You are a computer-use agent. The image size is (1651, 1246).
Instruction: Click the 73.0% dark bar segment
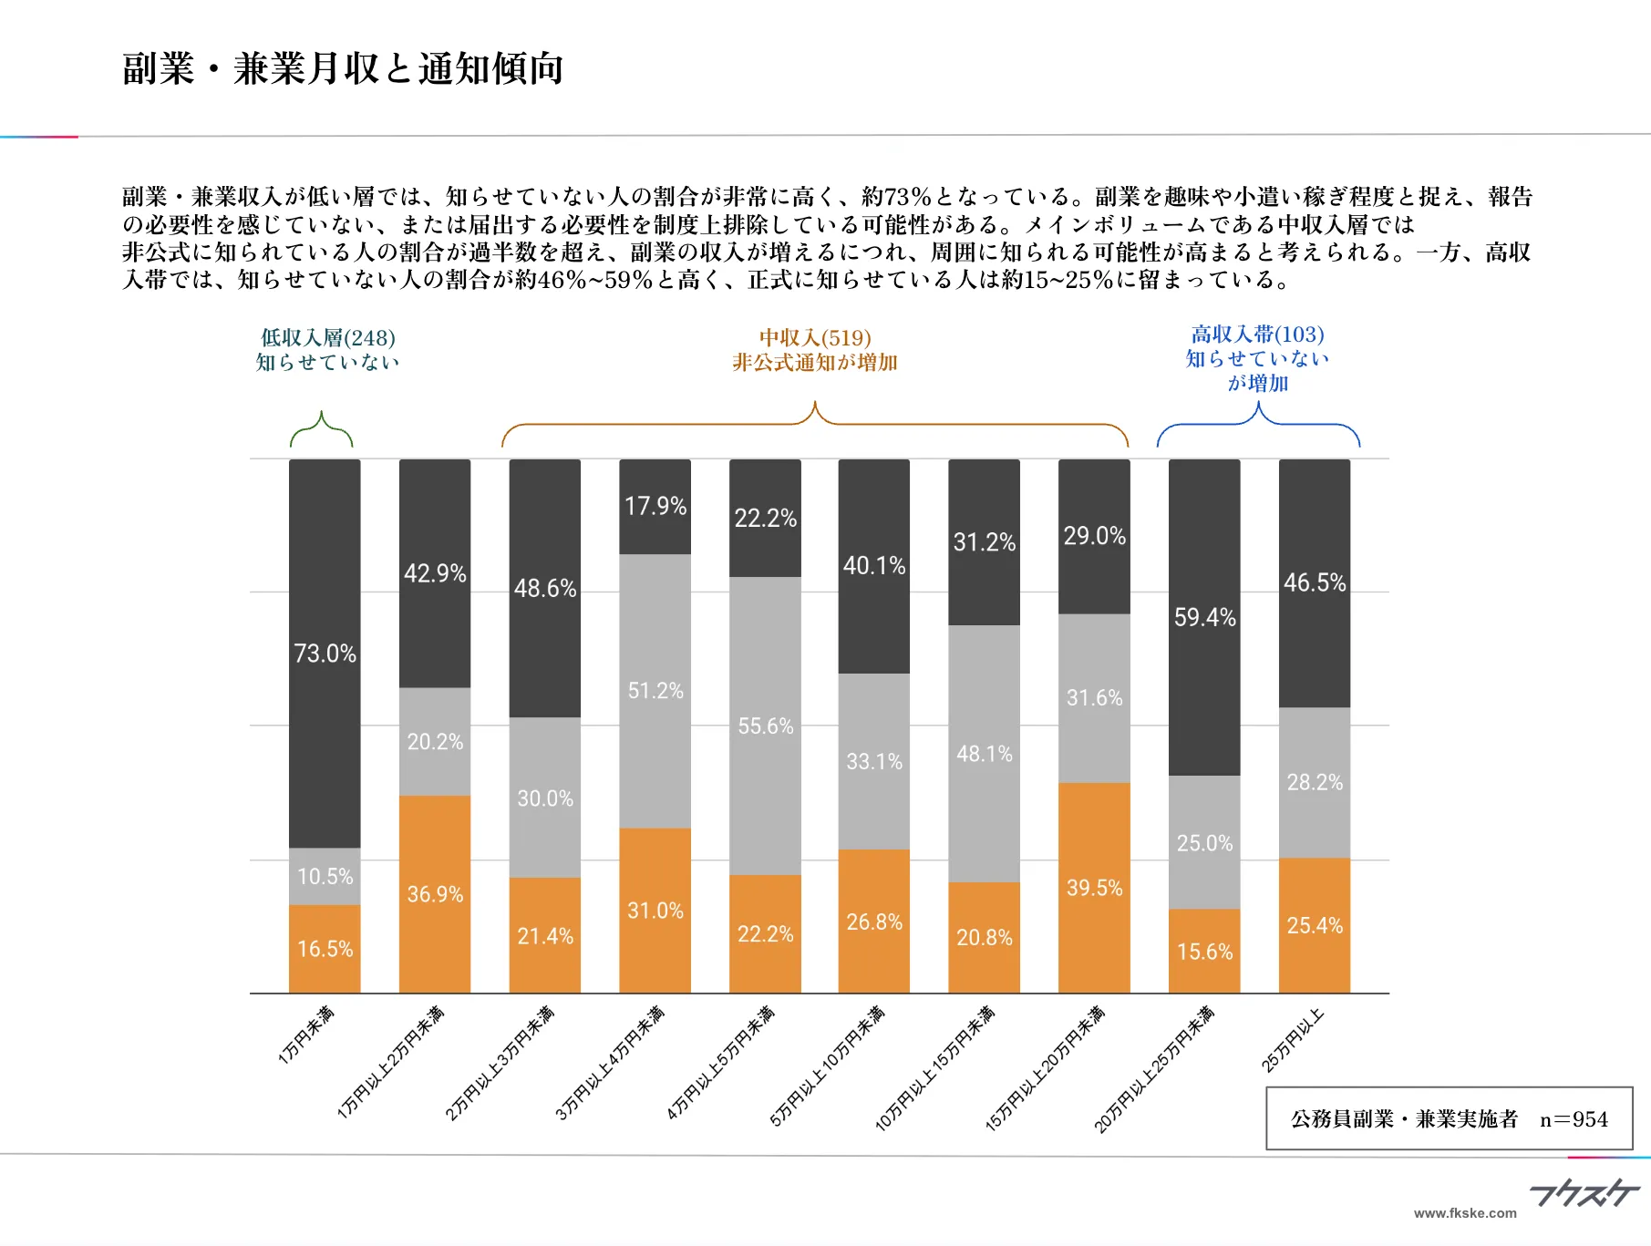[x=325, y=653]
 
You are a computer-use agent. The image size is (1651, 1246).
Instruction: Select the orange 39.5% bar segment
[x=1094, y=887]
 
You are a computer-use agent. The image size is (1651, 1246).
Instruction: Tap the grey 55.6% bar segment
[x=765, y=726]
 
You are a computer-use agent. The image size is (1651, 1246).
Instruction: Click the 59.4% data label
[x=1204, y=617]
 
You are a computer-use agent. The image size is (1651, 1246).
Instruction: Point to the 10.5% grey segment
[x=325, y=876]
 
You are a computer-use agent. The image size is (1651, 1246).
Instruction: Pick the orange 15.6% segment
[x=1204, y=951]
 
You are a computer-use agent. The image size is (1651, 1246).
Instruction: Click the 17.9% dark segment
[x=655, y=506]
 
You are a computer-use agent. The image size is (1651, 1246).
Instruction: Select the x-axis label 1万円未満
[x=307, y=1035]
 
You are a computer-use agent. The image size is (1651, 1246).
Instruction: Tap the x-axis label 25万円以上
[x=1293, y=1040]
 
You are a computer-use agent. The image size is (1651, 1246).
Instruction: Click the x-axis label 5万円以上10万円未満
[x=828, y=1066]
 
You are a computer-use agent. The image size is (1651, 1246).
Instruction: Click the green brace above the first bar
[x=321, y=430]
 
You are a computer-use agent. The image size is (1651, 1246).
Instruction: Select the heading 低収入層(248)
[x=328, y=337]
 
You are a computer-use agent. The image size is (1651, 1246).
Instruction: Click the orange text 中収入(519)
[x=815, y=337]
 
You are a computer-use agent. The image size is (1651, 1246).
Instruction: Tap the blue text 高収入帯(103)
[x=1257, y=335]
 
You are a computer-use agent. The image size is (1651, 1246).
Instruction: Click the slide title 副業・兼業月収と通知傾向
[x=343, y=68]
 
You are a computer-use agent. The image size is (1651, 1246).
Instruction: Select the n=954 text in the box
[x=1574, y=1119]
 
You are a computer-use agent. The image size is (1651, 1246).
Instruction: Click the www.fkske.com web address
[x=1465, y=1213]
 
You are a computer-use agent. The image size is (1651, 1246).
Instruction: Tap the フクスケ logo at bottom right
[x=1584, y=1192]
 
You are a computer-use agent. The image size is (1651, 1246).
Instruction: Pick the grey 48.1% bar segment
[x=984, y=753]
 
